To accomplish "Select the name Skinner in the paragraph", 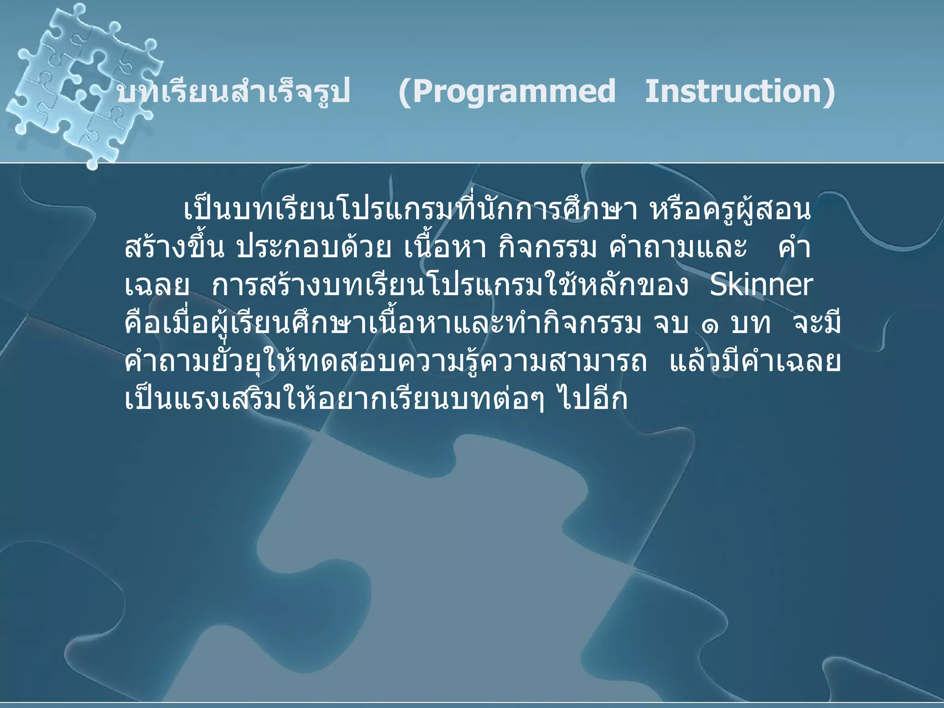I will (x=761, y=286).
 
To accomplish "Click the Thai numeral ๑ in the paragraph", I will (x=710, y=325).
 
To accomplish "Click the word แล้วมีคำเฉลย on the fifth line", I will (x=755, y=361).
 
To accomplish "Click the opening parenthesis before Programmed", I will (x=405, y=92).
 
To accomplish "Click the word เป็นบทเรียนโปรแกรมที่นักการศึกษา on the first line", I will (x=410, y=210).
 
